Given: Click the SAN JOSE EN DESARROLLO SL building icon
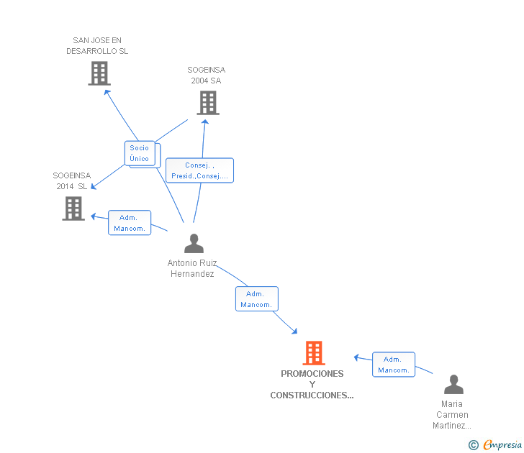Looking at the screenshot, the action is (99, 73).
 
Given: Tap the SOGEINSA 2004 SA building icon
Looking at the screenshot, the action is (208, 103).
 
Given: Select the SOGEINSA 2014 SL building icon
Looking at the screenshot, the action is (73, 209).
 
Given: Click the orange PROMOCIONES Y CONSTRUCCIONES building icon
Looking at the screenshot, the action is (314, 353).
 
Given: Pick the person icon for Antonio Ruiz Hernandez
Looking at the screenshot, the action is (194, 243).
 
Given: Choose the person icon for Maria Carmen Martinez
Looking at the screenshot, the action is (453, 384).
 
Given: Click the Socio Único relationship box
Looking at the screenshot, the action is (140, 153).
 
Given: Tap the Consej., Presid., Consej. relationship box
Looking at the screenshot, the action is (200, 170).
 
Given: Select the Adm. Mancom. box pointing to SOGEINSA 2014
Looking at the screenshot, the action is (130, 223).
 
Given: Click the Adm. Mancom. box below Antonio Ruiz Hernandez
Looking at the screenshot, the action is (257, 299).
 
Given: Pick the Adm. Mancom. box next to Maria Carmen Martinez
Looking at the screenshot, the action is (394, 365).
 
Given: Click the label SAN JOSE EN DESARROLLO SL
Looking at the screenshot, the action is (97, 46).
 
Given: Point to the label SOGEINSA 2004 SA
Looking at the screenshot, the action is (206, 75).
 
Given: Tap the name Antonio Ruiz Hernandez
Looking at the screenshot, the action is (192, 268).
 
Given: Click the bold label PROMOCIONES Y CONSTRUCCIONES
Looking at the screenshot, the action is (312, 384).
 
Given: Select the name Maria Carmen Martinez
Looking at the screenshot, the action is (452, 415).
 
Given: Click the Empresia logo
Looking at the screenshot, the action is (495, 444).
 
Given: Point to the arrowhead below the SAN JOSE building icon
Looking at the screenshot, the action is (107, 92).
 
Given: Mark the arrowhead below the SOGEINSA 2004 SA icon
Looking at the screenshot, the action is (205, 122).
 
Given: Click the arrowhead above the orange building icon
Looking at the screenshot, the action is (294, 331).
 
